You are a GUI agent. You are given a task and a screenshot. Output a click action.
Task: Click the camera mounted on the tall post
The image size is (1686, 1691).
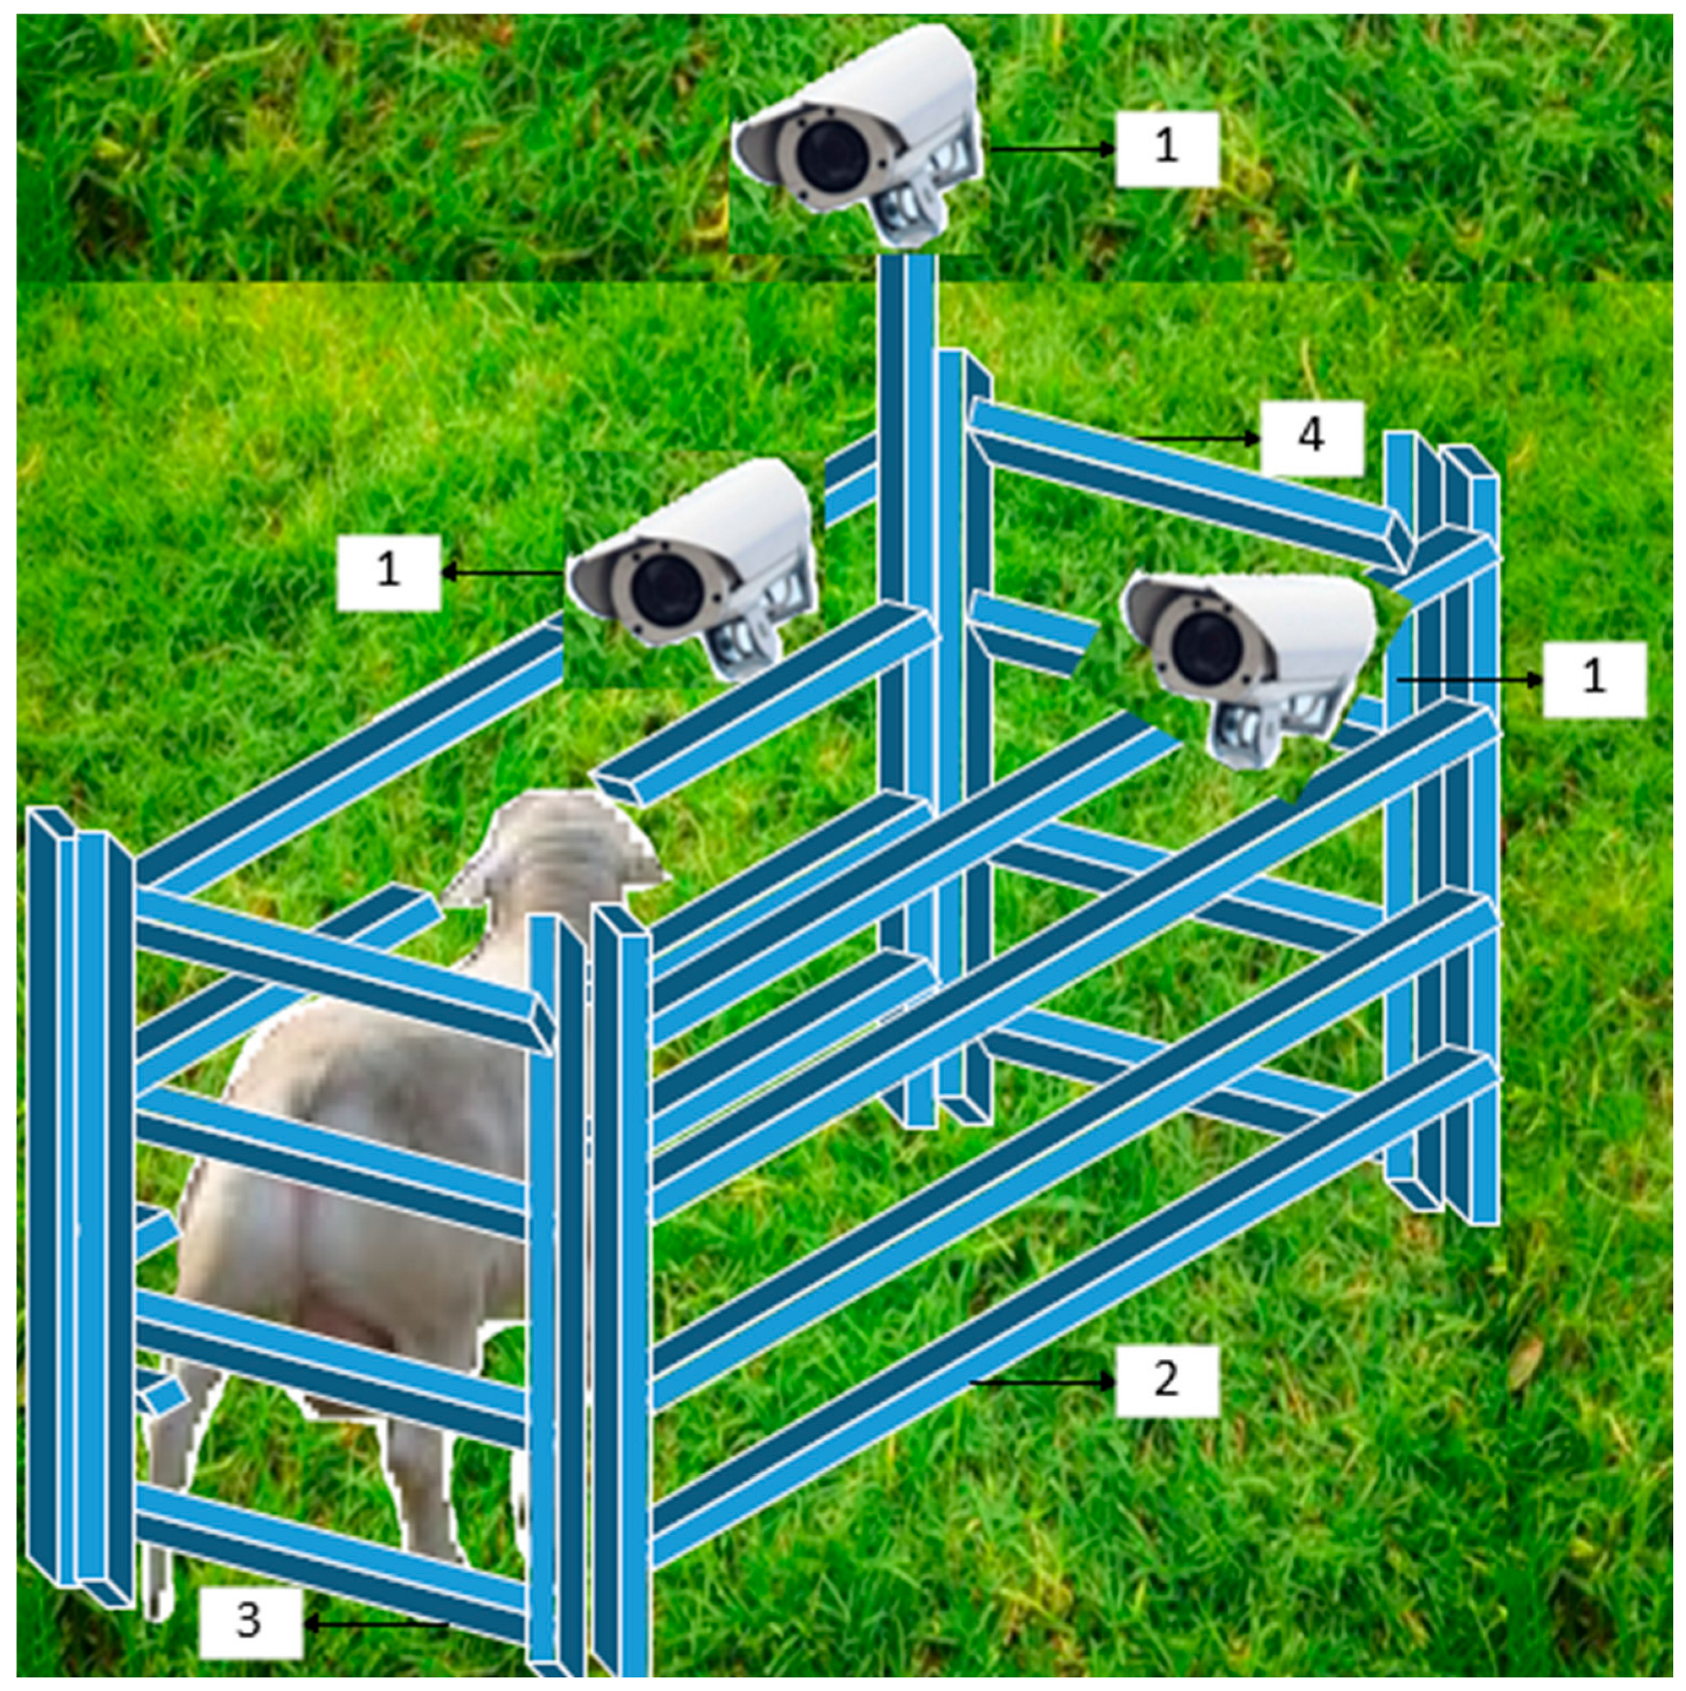858,136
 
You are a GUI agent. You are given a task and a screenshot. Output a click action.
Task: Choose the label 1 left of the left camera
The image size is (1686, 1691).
388,571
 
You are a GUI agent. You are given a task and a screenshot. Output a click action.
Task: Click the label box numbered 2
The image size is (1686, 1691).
1166,1379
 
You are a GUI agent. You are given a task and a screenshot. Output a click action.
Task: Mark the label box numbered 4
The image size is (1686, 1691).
1311,437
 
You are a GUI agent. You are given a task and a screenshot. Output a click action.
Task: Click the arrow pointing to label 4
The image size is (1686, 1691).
1198,438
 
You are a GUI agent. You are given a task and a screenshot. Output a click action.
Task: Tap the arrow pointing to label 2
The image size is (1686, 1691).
1044,1382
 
